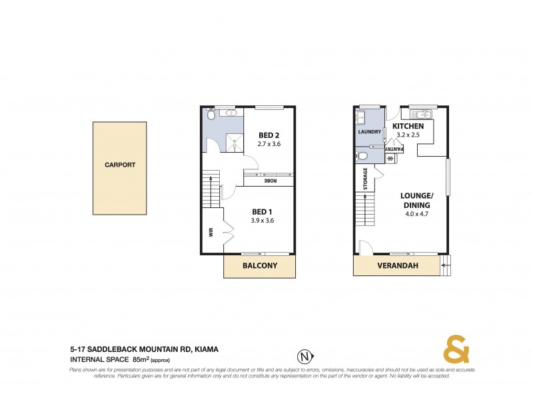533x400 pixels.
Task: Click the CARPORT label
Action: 120,165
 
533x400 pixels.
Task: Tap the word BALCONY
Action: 259,266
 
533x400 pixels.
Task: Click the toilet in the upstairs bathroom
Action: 211,115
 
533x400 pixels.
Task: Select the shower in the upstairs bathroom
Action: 235,141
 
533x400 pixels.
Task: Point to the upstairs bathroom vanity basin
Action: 232,113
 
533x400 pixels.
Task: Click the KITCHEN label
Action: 408,126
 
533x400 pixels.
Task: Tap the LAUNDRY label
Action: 369,132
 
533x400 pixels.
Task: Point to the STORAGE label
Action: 365,179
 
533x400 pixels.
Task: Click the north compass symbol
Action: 305,355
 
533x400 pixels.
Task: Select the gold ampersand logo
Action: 456,350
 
